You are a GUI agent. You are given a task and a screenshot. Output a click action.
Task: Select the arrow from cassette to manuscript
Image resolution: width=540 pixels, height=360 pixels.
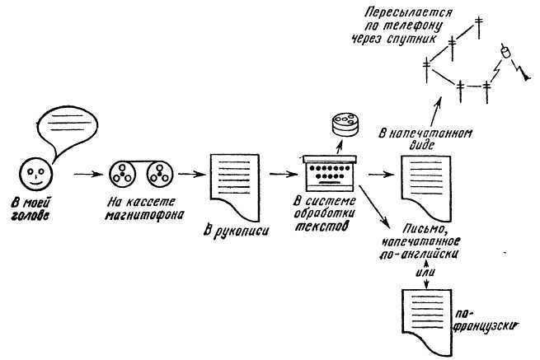189,175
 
